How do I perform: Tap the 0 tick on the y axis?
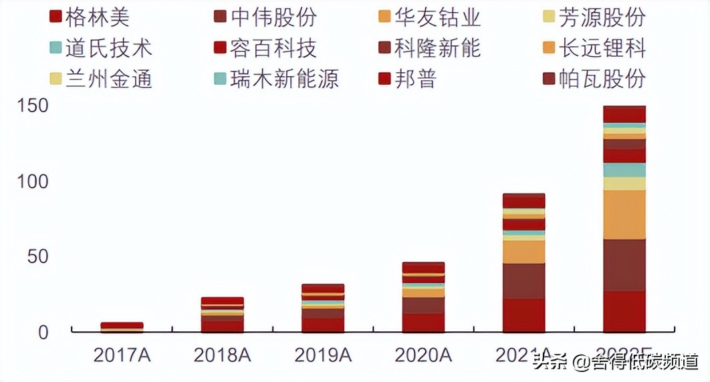43,332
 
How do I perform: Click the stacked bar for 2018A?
223,315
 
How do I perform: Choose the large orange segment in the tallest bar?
624,214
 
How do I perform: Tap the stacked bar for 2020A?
423,297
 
